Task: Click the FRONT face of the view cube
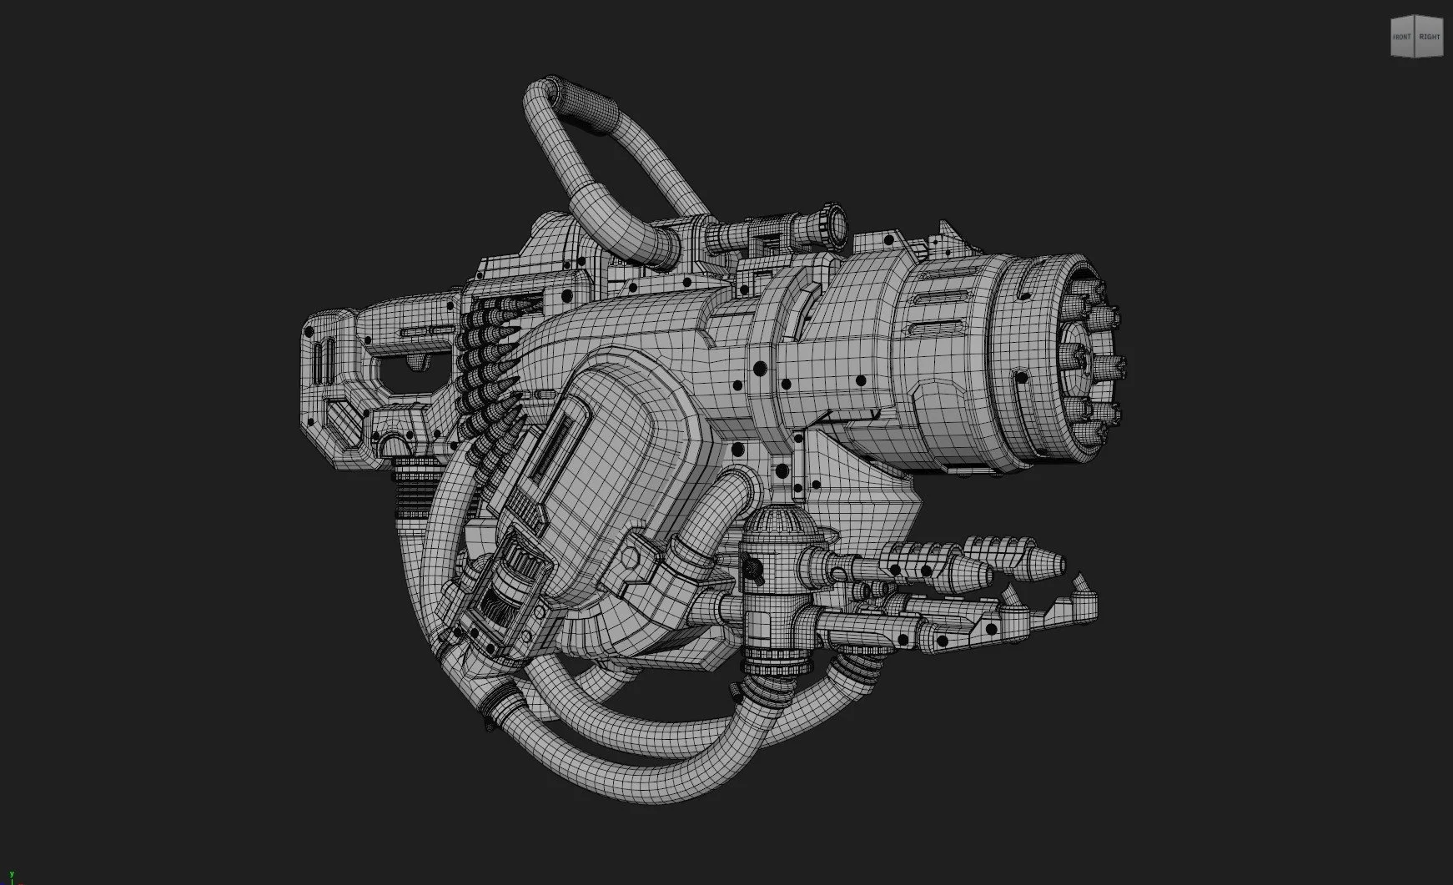click(x=1402, y=37)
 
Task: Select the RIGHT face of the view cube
click(x=1430, y=37)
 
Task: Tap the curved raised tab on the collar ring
click(x=805, y=300)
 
